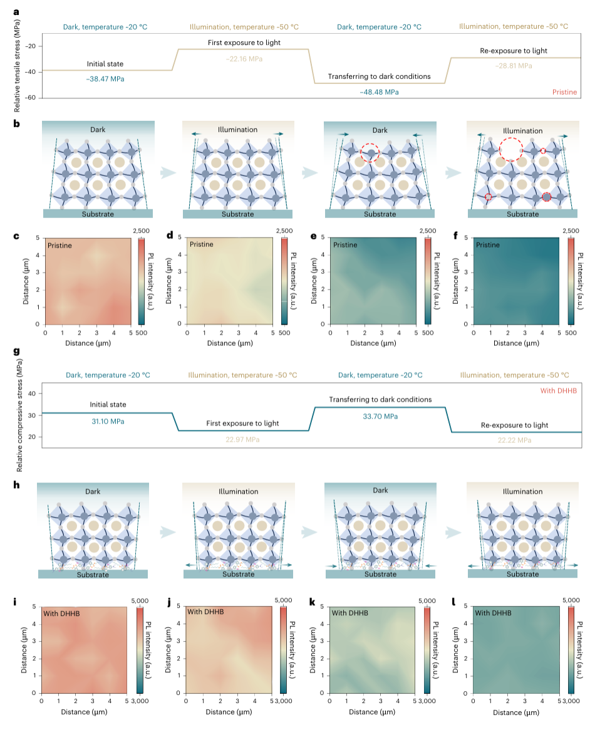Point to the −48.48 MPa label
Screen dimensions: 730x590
[379, 92]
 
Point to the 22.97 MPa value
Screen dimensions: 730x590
[242, 440]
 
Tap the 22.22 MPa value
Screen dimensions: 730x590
[514, 441]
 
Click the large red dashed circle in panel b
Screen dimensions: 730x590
[511, 149]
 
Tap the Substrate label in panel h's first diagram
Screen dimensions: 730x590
[93, 575]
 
